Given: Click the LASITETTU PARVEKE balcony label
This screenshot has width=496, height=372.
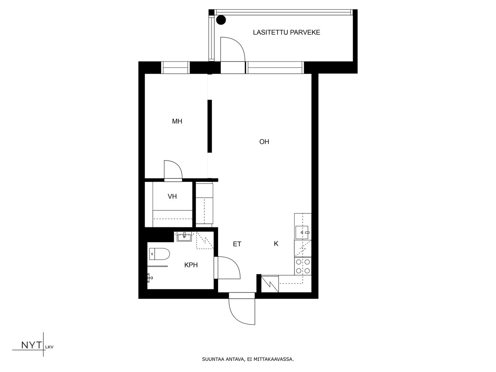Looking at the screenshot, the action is click(286, 32).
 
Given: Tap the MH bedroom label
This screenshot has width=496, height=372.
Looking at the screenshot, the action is click(177, 121).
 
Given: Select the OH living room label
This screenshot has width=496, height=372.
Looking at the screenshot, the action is click(264, 142).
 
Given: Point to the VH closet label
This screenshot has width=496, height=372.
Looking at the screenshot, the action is click(172, 196).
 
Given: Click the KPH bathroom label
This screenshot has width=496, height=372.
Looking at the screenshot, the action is click(191, 265).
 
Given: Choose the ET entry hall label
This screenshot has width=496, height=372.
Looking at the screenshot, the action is click(237, 244).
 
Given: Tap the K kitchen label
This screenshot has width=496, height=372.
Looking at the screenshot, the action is click(276, 244).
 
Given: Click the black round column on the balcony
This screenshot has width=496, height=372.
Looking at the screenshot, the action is click(221, 20).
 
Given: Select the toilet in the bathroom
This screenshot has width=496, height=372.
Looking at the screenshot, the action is click(159, 254).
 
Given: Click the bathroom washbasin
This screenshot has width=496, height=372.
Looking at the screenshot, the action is click(184, 237).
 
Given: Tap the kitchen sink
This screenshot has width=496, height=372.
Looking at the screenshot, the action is click(302, 232).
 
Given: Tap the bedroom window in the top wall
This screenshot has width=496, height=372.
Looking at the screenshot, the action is click(176, 68).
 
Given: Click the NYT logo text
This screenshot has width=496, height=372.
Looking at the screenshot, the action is click(31, 345).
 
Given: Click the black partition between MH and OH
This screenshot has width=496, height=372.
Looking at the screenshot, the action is click(210, 126).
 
